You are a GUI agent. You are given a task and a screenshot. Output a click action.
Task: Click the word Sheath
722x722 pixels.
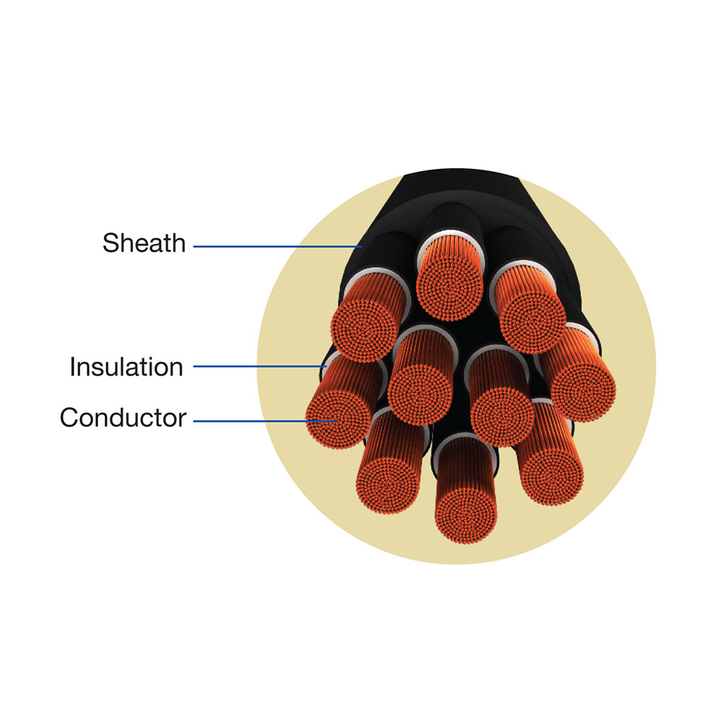144,243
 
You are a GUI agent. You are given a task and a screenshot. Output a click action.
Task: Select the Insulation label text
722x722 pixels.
126,367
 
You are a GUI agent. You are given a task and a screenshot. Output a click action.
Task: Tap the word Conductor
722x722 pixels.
123,417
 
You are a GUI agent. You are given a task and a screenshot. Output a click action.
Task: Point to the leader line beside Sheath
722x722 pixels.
274,247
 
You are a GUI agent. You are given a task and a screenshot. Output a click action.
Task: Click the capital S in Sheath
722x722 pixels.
110,243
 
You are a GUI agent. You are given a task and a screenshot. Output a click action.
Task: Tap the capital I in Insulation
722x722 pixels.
73,367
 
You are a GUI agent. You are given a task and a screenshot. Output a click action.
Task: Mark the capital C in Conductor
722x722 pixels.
69,417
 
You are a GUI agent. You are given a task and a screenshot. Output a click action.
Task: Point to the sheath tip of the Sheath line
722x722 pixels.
360,247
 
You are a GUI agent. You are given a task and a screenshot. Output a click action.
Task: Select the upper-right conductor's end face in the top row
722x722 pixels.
531,321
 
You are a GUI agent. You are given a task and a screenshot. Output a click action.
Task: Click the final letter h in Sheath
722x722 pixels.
178,243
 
